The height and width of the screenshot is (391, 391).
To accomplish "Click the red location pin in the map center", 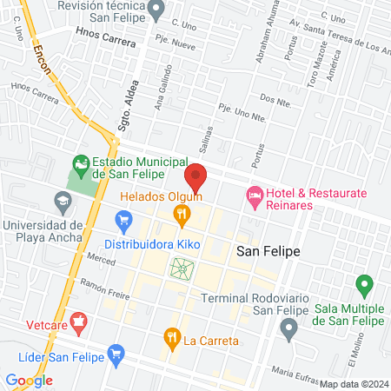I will point(196,177).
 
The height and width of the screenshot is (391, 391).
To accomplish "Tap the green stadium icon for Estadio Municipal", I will point(81,163).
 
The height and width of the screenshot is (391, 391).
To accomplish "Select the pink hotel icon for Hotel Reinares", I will point(254,197).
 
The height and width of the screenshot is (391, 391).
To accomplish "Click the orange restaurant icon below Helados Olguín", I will point(182,215).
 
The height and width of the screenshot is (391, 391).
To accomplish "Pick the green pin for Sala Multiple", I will point(364,284).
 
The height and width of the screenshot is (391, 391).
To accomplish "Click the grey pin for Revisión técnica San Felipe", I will point(156,11).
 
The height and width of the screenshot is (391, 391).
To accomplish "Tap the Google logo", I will point(29,380).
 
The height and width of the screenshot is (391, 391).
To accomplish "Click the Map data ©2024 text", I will point(353,383).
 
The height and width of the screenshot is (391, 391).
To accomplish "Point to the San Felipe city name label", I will point(268,250).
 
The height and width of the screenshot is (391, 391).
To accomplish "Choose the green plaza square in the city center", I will point(182,270).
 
